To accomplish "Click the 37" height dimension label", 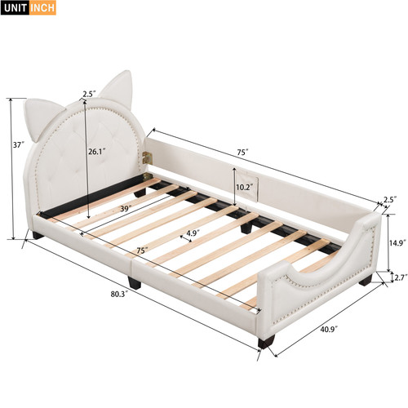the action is tap(19, 145).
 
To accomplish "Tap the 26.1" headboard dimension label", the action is tap(96, 152).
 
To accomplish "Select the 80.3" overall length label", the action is tap(119, 294).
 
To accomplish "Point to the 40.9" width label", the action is tap(329, 329).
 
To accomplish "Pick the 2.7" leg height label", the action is tap(401, 277).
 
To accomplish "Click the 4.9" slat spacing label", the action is tap(193, 233).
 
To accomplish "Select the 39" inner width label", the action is tap(126, 209).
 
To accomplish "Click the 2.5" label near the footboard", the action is tap(390, 200).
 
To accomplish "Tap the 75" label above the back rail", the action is tap(243, 153).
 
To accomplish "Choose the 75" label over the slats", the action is tap(142, 251).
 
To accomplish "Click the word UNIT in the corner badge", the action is tap(16, 8).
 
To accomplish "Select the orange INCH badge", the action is tap(42, 8).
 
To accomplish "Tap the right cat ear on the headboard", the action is tap(118, 88).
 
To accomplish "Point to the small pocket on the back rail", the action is tap(247, 187).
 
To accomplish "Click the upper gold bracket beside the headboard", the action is tap(147, 158).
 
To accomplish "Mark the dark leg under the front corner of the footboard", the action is tap(267, 343).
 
